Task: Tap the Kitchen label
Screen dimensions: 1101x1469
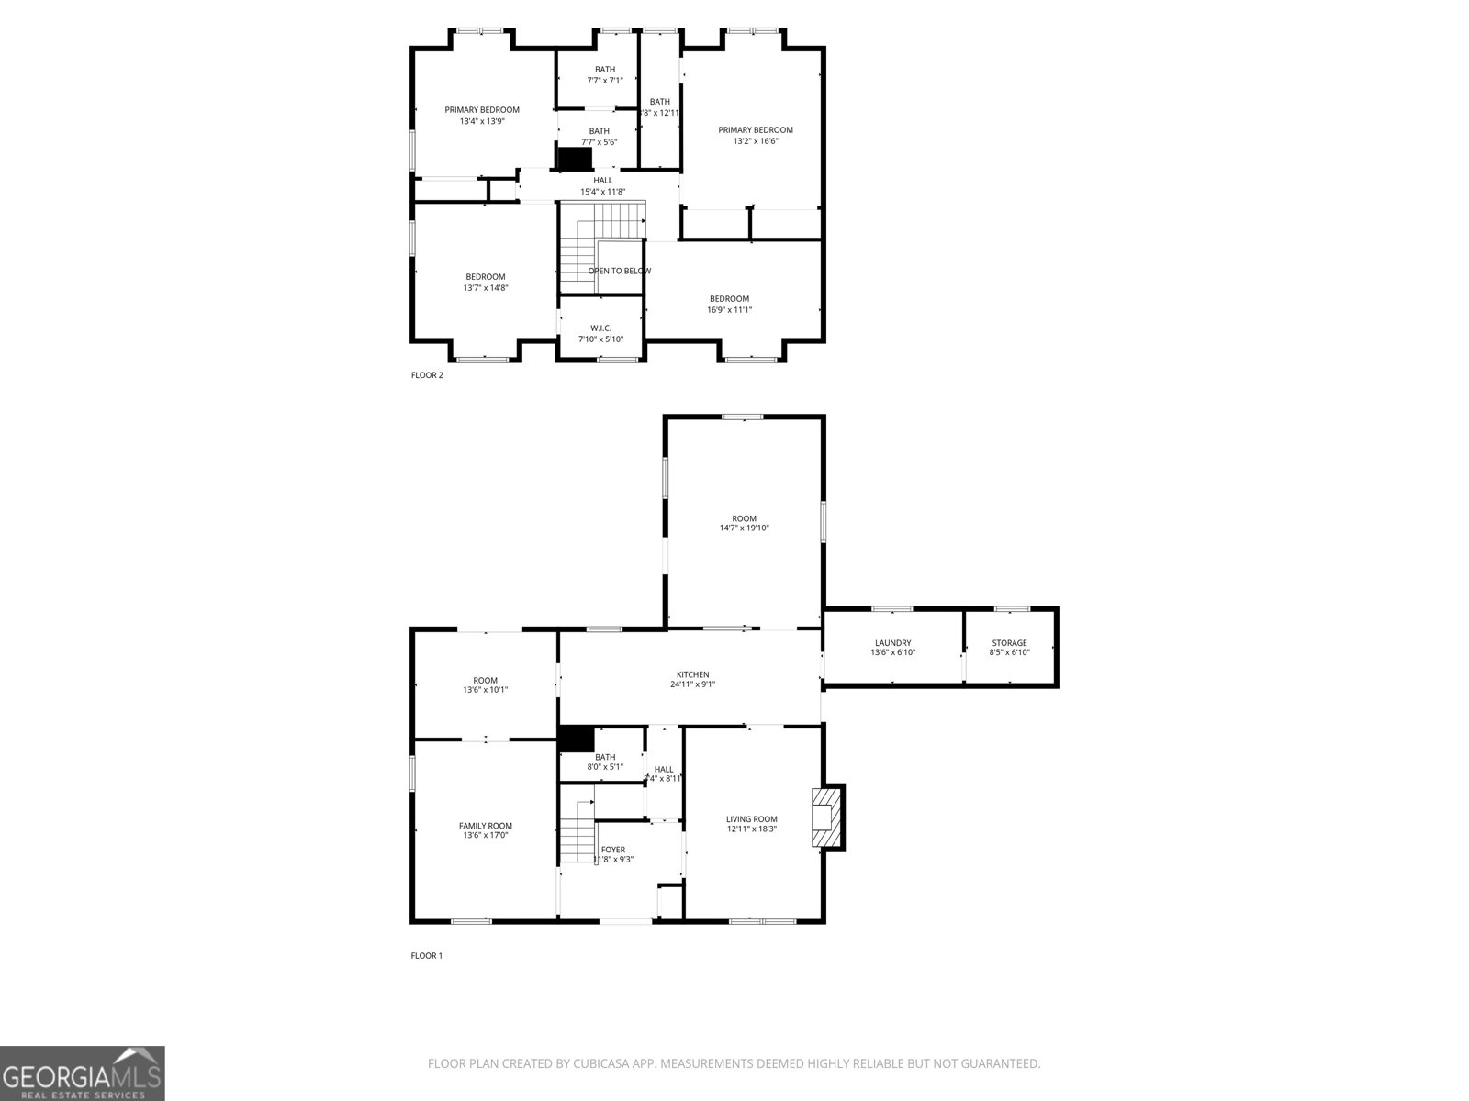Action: tap(692, 674)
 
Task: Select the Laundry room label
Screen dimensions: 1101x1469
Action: tap(892, 643)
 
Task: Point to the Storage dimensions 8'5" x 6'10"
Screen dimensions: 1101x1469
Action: tap(1009, 652)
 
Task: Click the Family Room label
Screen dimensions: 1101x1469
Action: tap(486, 826)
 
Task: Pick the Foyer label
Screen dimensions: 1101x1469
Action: tap(613, 850)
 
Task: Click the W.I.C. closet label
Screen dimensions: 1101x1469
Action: tap(600, 328)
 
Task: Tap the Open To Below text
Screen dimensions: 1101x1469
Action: tap(620, 271)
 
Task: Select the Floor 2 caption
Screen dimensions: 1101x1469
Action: tap(427, 374)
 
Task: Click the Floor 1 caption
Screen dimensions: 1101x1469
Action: tap(426, 955)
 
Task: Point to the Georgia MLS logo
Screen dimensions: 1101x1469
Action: tap(82, 1073)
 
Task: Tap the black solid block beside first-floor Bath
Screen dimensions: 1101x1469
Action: tap(577, 739)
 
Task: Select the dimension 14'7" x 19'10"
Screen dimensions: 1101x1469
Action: tap(744, 528)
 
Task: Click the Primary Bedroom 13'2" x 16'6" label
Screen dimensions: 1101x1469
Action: tap(755, 130)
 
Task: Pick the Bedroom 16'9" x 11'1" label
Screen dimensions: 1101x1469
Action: tap(729, 299)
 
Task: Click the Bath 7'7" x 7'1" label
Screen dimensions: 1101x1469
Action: tap(604, 70)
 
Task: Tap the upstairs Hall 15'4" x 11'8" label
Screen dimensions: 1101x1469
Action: tap(602, 181)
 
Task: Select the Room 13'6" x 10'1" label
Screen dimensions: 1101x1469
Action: tap(485, 681)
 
